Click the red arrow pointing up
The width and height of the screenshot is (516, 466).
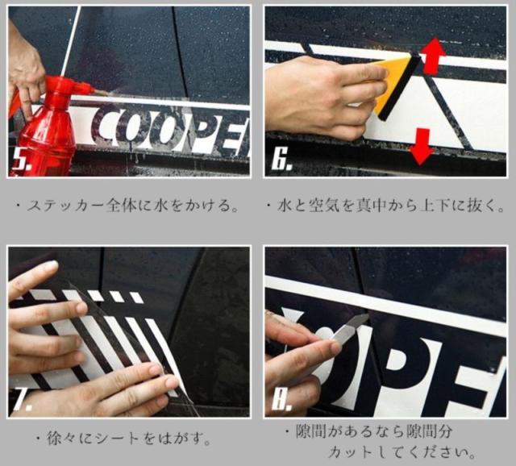(434, 56)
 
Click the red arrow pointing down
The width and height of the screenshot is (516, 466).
(421, 145)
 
